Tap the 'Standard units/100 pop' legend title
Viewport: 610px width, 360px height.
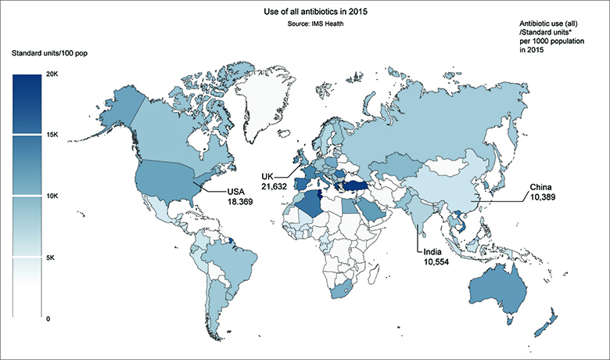tap(48, 52)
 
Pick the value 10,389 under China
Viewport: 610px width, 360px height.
tap(545, 198)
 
